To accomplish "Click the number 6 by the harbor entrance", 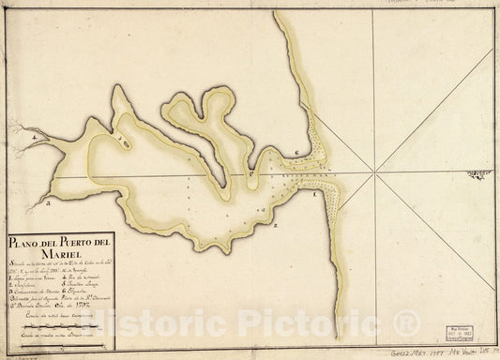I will coord(295,153).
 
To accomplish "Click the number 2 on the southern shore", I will coord(275,226).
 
